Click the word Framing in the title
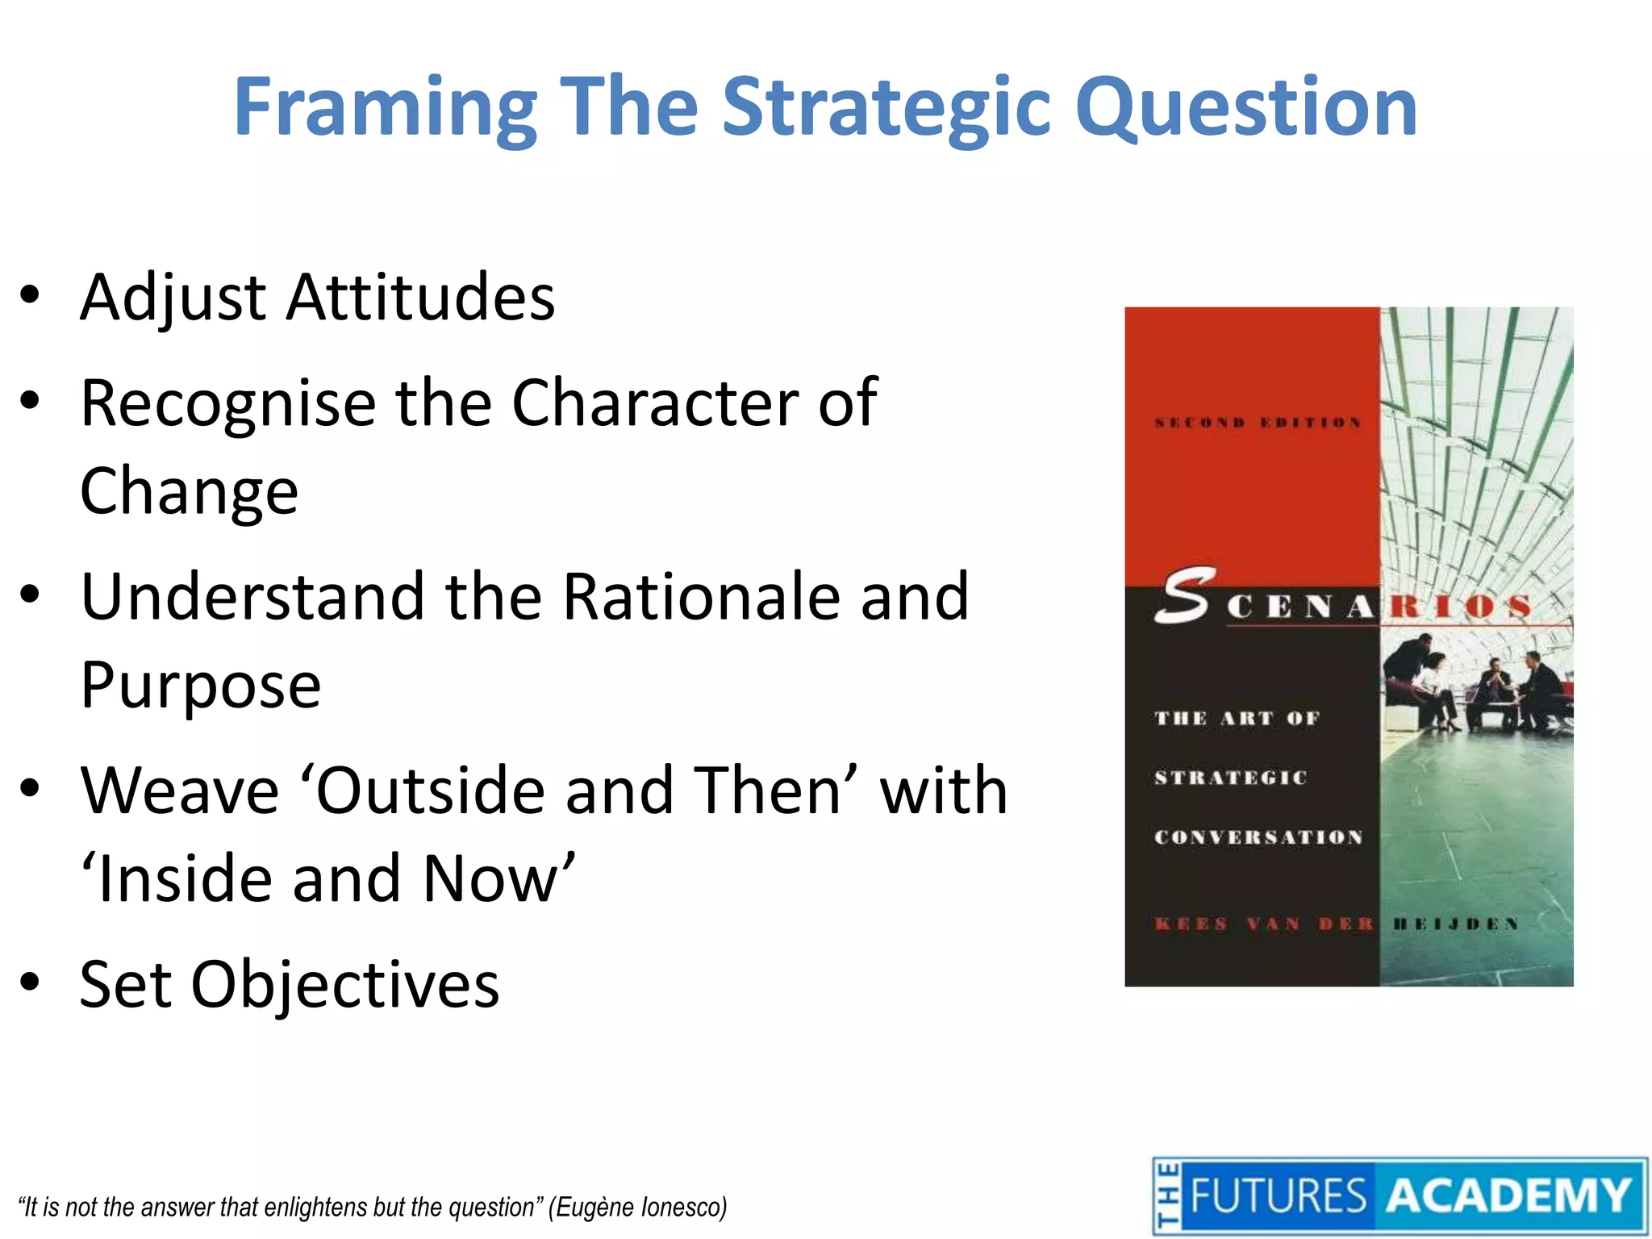[x=386, y=107]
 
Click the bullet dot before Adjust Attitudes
[x=30, y=295]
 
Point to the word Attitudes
[x=420, y=297]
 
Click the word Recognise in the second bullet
[x=228, y=403]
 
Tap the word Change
[x=189, y=491]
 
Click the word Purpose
[x=201, y=686]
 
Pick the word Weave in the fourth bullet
[x=179, y=791]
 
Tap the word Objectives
[x=345, y=984]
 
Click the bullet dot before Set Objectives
[x=30, y=982]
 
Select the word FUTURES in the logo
[x=1278, y=1195]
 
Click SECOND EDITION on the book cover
[x=1258, y=423]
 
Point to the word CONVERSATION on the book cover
[x=1258, y=837]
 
